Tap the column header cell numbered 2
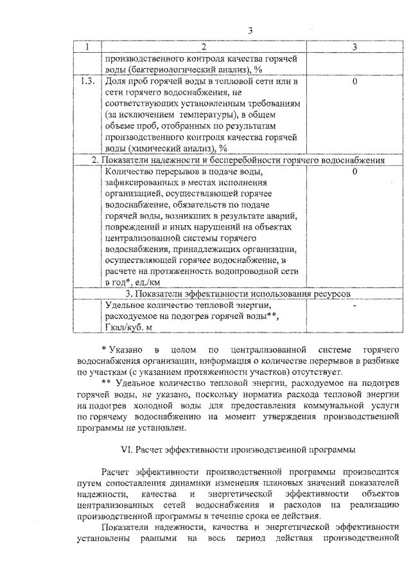click(204, 46)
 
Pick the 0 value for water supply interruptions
click(354, 172)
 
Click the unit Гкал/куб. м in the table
click(128, 327)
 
